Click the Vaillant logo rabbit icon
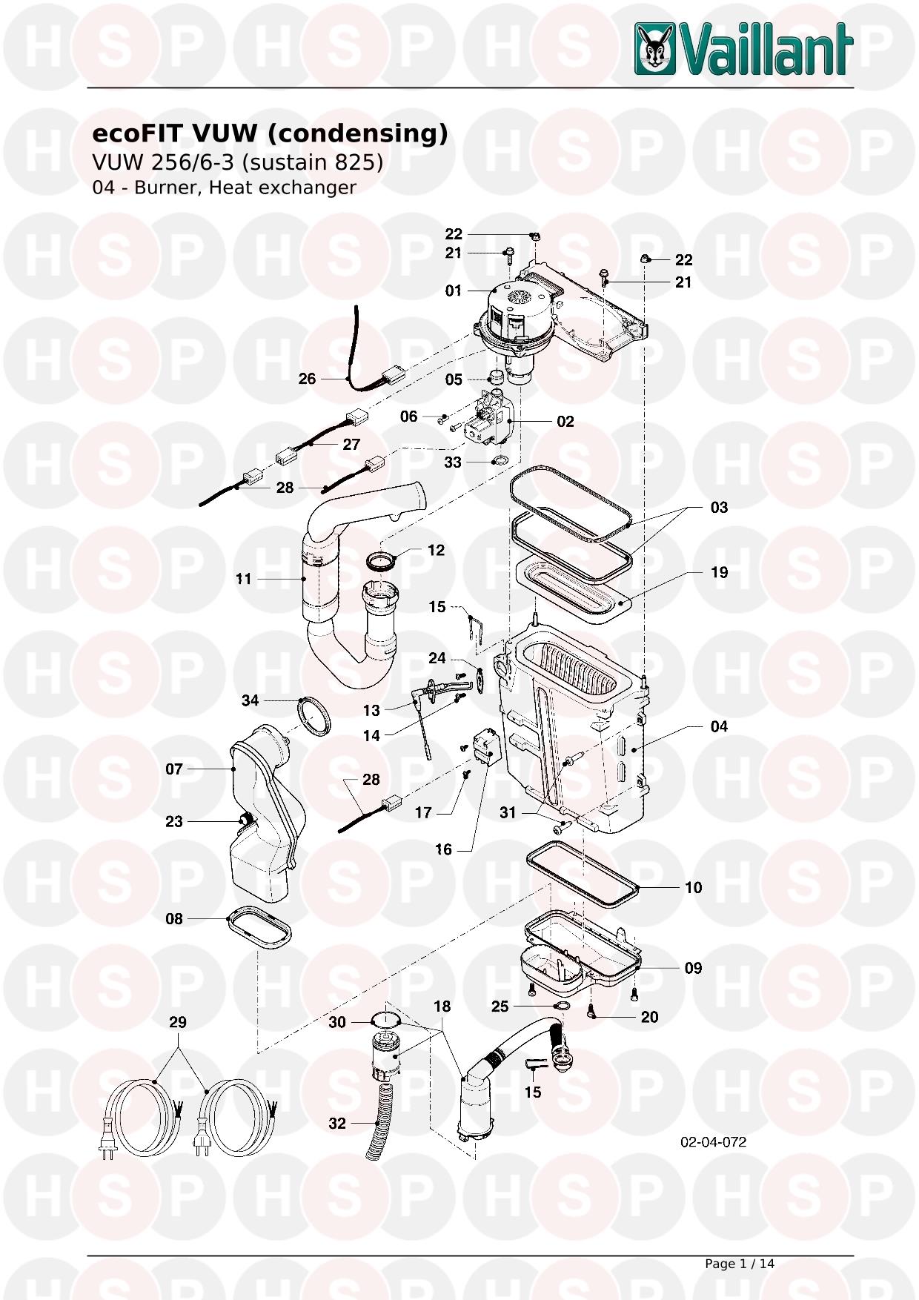tap(654, 50)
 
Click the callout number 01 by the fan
tap(453, 291)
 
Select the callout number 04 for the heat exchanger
tap(719, 726)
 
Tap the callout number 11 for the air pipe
tap(244, 579)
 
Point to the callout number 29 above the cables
tap(178, 1022)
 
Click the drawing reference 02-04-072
tap(713, 1142)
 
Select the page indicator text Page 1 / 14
tap(739, 1264)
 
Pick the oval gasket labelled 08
tap(259, 925)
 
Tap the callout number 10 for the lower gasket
tap(693, 887)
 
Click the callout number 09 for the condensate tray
tap(693, 968)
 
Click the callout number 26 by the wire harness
tap(307, 379)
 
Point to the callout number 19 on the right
tap(719, 572)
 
